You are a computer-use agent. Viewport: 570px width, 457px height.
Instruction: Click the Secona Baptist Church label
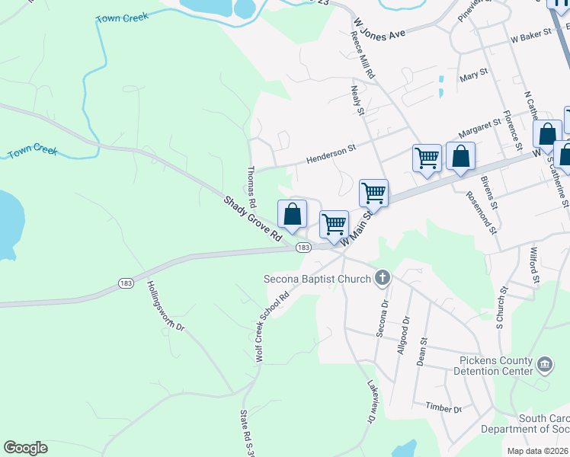click(317, 279)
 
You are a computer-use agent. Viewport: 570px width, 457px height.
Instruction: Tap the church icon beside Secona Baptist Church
click(383, 279)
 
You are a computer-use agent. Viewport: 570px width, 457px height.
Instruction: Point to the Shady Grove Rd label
click(252, 219)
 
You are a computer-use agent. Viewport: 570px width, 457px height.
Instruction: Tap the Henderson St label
click(331, 155)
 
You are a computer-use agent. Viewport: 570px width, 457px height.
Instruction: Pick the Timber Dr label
click(444, 408)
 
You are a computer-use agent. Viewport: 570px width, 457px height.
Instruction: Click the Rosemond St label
click(480, 214)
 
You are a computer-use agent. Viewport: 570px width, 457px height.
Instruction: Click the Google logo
click(25, 448)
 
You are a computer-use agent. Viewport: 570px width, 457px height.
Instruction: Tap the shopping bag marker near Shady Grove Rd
click(293, 215)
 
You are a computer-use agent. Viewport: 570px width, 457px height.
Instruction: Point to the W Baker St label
click(531, 37)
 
